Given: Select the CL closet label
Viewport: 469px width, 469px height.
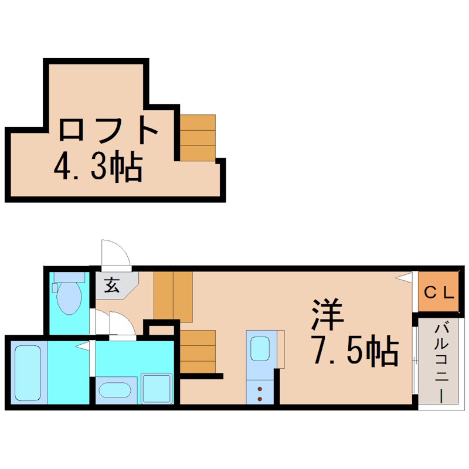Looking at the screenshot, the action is coord(439,293).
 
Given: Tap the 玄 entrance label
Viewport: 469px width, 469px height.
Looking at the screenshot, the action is coord(112,285).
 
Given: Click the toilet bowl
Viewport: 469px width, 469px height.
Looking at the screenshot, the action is coord(69,298).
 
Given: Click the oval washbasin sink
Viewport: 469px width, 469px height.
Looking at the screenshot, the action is coord(115,390).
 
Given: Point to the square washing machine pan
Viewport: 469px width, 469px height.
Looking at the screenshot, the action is coord(157,388).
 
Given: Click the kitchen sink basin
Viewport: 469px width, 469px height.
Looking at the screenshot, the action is coord(260,348).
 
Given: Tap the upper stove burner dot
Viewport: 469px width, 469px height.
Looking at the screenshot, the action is coord(260,389).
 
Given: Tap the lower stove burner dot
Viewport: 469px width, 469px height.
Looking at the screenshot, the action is coord(260,399).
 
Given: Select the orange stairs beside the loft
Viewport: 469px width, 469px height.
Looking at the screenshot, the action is coord(198,138).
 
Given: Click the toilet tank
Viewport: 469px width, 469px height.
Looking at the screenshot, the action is coord(69,277).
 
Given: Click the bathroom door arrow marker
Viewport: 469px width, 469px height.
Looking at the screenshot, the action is coord(82,346).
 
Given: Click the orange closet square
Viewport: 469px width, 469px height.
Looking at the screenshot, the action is coord(438,291).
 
